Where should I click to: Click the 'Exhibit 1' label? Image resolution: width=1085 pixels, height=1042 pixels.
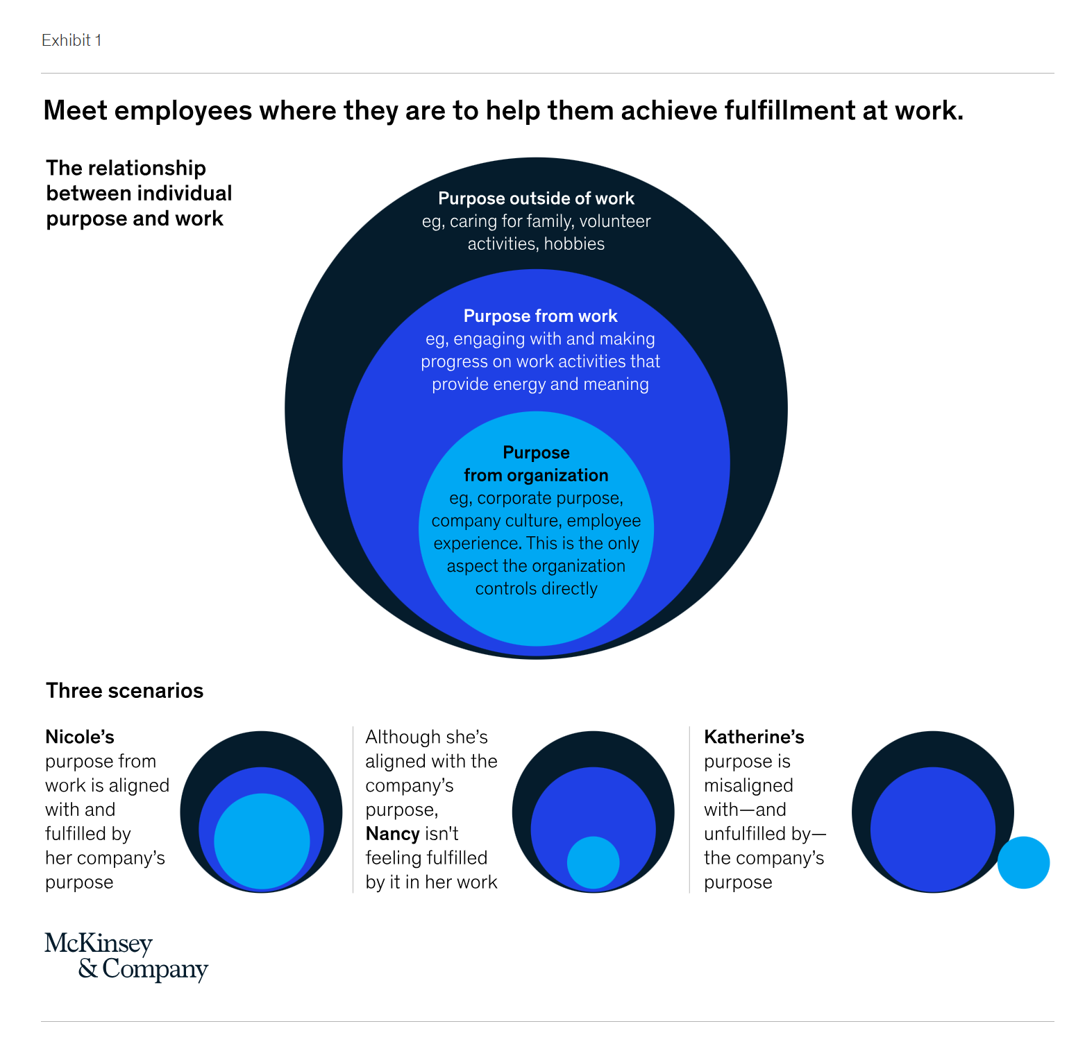point(72,40)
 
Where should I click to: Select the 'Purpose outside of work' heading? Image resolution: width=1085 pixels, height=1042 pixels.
point(536,198)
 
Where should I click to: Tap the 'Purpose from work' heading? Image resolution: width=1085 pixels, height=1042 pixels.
point(540,316)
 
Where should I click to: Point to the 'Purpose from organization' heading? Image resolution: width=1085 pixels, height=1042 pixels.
point(536,464)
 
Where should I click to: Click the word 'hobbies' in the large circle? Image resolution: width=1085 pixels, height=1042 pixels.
point(574,244)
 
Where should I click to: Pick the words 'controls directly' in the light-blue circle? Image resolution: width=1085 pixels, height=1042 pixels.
point(536,589)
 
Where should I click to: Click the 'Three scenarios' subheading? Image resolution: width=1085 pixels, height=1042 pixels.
point(124,691)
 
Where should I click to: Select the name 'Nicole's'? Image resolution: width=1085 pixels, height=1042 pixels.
point(80,737)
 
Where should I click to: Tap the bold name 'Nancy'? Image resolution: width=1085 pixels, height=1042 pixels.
point(392,834)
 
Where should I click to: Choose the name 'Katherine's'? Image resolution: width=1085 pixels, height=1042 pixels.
point(754,737)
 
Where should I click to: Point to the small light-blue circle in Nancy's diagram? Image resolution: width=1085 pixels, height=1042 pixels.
point(593,862)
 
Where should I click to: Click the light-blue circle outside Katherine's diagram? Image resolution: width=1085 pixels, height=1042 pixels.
point(1023,862)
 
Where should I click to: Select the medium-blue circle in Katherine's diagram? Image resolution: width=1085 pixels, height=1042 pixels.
point(932,826)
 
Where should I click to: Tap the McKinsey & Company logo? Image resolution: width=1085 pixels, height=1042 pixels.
point(126,957)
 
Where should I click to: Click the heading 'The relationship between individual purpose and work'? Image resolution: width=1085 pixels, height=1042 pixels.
point(139,194)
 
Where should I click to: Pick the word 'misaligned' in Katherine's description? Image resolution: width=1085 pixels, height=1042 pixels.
point(748,785)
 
